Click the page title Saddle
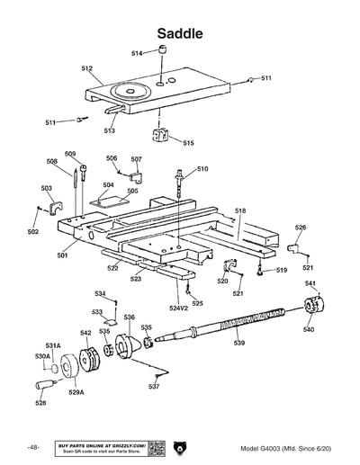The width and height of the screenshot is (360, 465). pos(180,33)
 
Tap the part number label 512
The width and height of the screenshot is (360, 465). pos(87,68)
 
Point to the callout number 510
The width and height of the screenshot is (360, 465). pos(202,169)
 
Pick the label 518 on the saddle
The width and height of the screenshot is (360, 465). pos(240,210)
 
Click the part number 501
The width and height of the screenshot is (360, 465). pos(63,255)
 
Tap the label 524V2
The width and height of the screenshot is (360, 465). pos(179,309)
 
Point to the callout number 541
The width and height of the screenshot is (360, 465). pos(310,284)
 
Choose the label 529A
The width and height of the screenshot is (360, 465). pos(76,393)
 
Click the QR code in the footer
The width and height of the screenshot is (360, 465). pos(155,448)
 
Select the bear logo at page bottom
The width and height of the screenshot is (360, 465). pos(180,448)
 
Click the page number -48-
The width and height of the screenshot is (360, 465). pos(33,448)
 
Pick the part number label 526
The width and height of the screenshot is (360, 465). pos(301,228)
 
